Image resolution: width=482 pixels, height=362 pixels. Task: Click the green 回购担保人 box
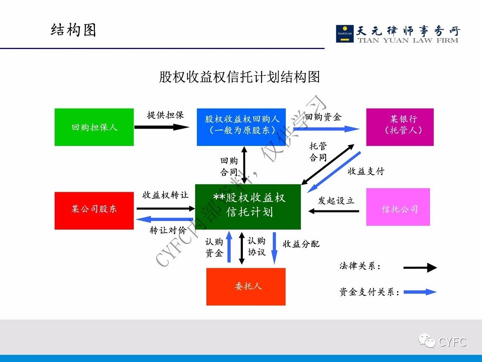(94, 127)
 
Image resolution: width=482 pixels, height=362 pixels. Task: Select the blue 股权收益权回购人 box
(241, 127)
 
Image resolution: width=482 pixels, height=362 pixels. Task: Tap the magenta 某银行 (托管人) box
(400, 127)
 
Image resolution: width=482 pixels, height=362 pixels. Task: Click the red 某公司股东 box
(94, 210)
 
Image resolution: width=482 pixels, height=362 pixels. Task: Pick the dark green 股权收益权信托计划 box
(248, 207)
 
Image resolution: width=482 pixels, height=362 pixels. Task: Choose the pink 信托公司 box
(398, 207)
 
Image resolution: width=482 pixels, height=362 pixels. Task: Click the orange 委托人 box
(246, 287)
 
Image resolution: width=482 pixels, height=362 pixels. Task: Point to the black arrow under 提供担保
(162, 127)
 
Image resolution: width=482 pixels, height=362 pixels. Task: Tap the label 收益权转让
(165, 195)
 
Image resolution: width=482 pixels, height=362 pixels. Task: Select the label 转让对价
(168, 230)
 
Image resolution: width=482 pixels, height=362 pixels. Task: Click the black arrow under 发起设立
(334, 211)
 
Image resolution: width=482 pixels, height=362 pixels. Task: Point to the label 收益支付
(366, 171)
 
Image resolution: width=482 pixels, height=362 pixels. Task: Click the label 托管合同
(318, 152)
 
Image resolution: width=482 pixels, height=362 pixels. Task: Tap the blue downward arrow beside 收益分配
(275, 248)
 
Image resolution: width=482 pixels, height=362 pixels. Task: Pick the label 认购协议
(256, 246)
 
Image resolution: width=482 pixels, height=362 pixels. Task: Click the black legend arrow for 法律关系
(419, 268)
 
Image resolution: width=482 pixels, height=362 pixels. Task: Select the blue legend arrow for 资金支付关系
(419, 292)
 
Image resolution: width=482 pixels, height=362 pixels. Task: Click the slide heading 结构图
(73, 30)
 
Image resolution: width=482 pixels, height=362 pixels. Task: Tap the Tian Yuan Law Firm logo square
(345, 34)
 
